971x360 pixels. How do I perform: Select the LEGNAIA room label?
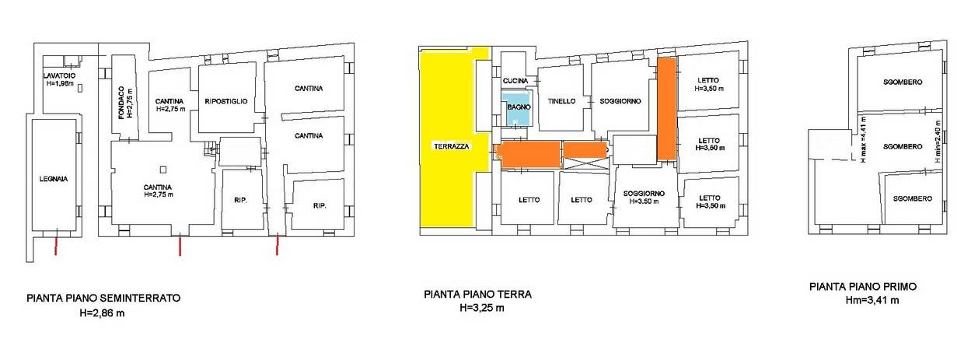pos(54,179)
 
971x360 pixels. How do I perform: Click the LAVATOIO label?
pos(59,75)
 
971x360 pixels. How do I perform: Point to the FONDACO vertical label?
pos(121,103)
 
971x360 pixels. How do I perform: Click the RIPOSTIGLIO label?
pos(226,101)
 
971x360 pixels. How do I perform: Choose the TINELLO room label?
pos(562,101)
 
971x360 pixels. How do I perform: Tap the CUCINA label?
pos(515,81)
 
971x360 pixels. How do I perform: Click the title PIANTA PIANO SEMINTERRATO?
pos(103,299)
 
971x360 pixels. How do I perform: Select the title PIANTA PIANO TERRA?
pos(477,295)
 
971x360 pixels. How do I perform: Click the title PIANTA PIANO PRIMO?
pos(863,287)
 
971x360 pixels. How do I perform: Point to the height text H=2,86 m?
pos(102,313)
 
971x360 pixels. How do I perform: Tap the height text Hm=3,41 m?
pos(872,300)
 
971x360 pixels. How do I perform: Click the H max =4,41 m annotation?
pos(863,140)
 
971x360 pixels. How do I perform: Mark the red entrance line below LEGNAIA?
pos(55,245)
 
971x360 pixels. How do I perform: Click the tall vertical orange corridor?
pos(667,109)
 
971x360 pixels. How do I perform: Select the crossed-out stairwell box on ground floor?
pos(585,163)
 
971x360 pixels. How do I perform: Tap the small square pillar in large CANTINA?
pos(163,170)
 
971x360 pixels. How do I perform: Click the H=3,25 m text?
pos(482,309)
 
